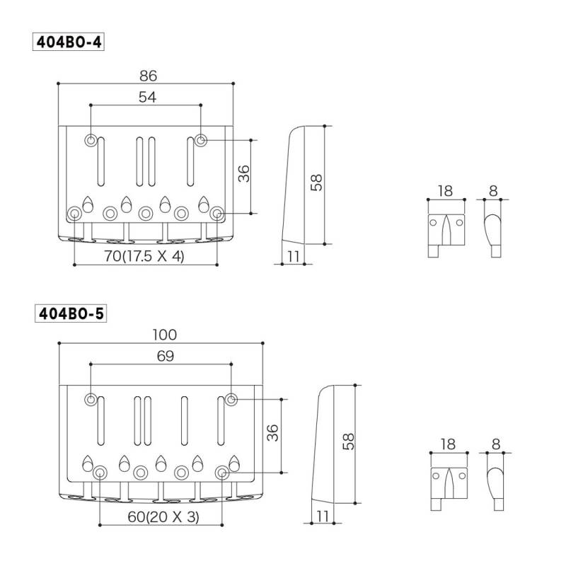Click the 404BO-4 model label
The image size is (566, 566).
click(x=69, y=42)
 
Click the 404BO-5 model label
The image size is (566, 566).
click(x=71, y=313)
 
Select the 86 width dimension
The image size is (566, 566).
click(x=149, y=76)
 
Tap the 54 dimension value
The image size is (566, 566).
click(x=148, y=97)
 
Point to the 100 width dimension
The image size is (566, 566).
click(x=165, y=335)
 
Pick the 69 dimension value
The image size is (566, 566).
click(x=166, y=356)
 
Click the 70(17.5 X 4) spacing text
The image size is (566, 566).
click(x=144, y=256)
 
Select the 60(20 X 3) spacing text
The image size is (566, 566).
click(x=163, y=516)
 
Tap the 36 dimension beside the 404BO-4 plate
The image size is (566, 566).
click(x=244, y=173)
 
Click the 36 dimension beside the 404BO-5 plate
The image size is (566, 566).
click(x=273, y=433)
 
